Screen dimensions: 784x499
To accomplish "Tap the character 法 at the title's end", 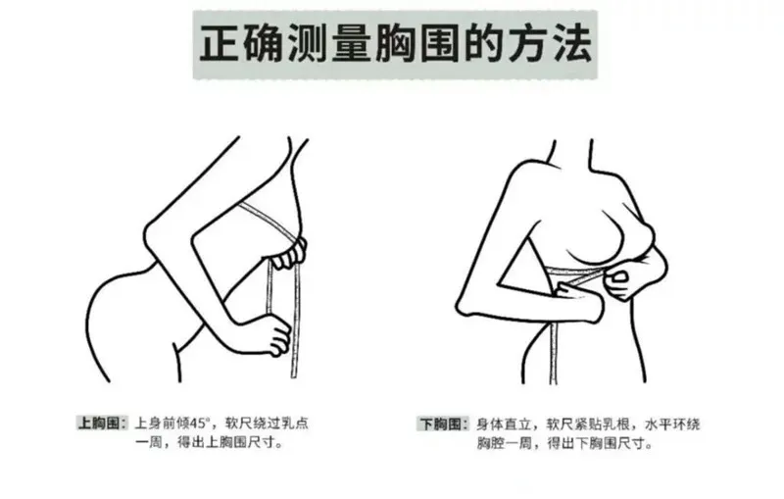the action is [x=571, y=43].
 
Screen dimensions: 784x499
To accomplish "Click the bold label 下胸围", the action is [x=440, y=424].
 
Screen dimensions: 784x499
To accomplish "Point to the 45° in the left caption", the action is [x=199, y=424].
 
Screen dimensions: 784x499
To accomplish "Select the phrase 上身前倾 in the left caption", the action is [x=163, y=424].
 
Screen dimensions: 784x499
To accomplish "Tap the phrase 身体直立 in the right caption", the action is [x=504, y=424].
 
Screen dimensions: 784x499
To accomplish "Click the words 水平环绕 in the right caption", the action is [x=672, y=424].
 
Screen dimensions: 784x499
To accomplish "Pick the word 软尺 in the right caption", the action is [x=560, y=424].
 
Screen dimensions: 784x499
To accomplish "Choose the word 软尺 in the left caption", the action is [x=238, y=424].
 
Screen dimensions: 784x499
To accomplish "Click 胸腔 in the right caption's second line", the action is [x=490, y=443].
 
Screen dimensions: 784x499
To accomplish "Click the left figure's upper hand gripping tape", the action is [x=288, y=255].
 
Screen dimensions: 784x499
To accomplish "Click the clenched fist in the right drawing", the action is [x=619, y=283].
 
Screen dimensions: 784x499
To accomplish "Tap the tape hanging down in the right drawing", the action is [x=553, y=351].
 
